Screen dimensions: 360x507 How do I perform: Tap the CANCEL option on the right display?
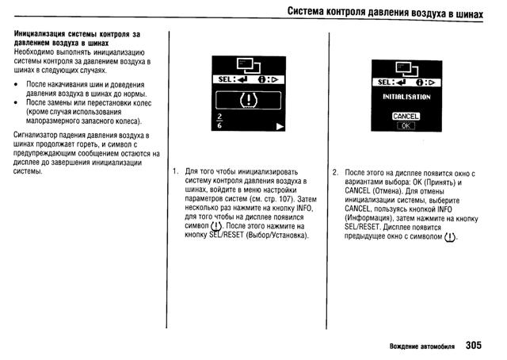pos(404,117)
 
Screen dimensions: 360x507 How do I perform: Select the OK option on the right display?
pos(404,125)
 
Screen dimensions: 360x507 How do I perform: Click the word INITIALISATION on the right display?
pos(404,97)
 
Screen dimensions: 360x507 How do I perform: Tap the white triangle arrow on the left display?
pos(278,126)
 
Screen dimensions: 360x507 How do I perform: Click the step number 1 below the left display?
pos(174,171)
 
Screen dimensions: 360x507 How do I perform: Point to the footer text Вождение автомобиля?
pos(421,347)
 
